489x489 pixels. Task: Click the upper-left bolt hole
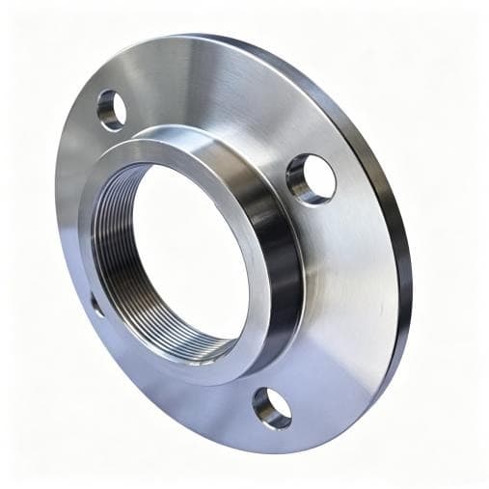pos(112,110)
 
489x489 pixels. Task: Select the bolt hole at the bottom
pos(272,408)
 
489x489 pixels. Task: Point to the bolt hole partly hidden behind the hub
pos(96,304)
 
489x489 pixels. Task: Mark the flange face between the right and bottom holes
pos(338,318)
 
